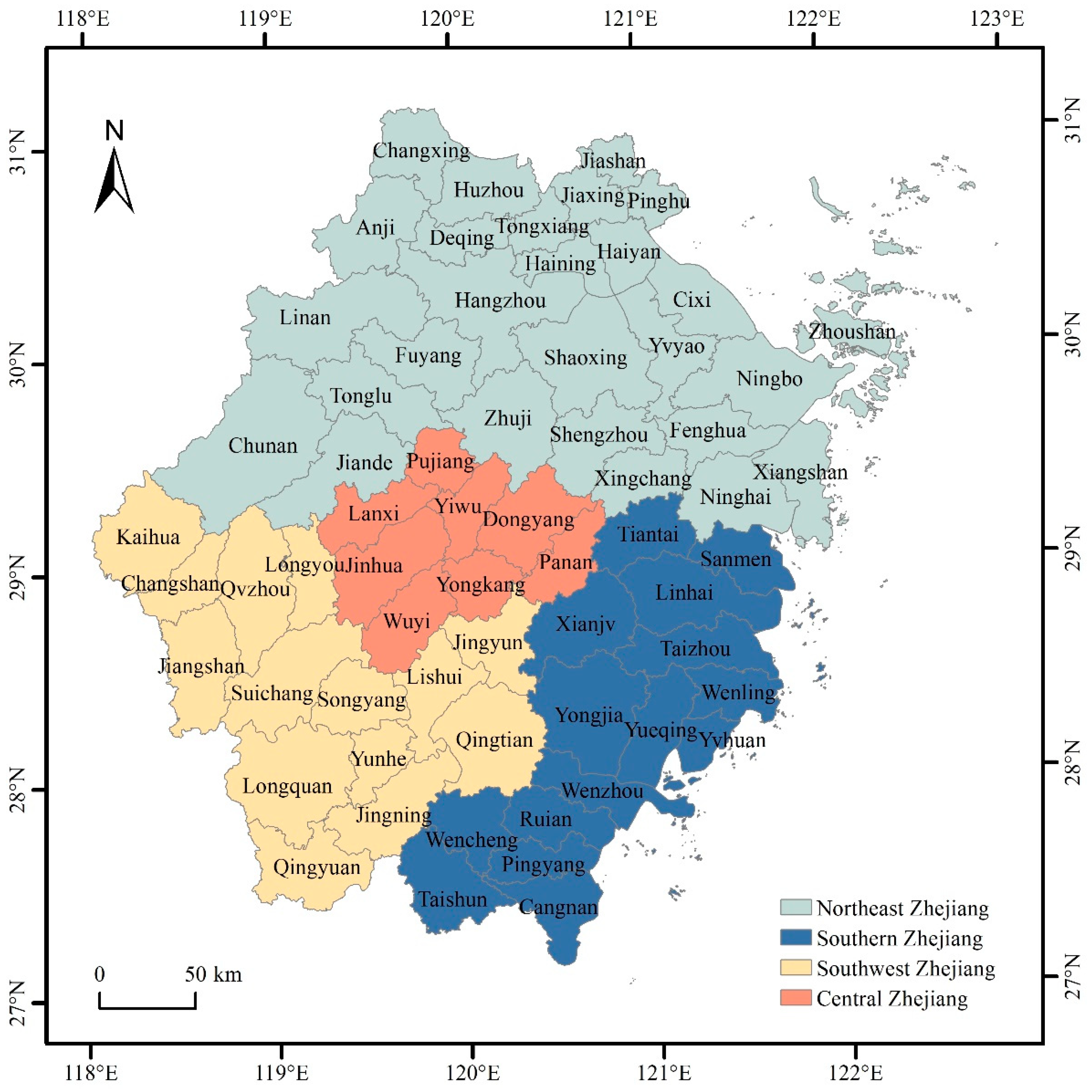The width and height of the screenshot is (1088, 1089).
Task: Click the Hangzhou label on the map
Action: pos(500,300)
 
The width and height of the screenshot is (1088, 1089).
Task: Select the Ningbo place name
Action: pos(769,379)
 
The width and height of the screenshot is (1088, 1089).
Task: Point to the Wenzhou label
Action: pos(602,791)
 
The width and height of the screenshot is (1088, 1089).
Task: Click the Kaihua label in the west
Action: pos(148,537)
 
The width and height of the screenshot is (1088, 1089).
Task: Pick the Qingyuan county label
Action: pos(316,867)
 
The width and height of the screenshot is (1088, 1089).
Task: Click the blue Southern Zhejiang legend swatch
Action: pos(795,937)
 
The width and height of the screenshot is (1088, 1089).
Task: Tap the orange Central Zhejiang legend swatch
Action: pos(795,998)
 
